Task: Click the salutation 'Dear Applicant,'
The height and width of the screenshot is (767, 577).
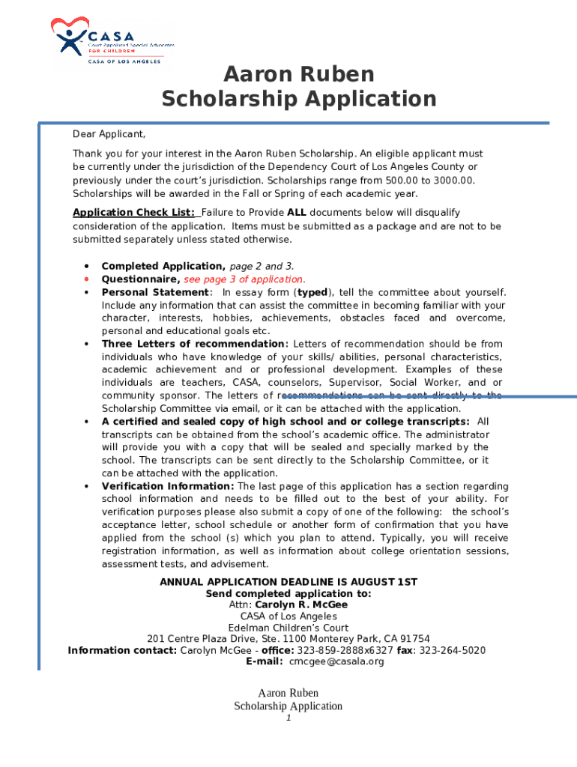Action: point(109,134)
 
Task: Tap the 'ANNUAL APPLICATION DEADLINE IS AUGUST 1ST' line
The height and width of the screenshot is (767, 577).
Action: point(288,582)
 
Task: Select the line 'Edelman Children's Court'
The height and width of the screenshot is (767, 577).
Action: point(288,628)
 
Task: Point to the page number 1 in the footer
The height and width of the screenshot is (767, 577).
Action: point(288,718)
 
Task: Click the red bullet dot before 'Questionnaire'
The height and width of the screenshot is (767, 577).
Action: point(88,279)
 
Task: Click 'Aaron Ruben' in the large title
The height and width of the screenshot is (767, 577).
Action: point(299,74)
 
